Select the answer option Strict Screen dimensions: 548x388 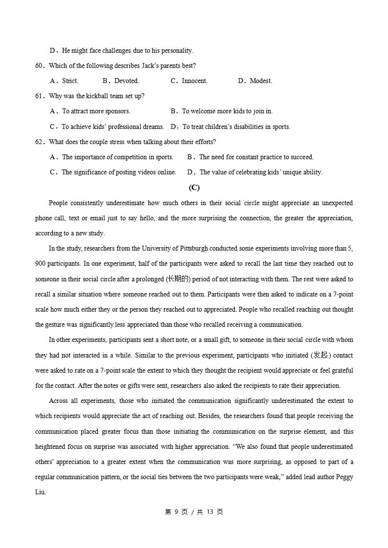[x=70, y=81]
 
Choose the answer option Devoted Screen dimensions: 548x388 [x=126, y=81]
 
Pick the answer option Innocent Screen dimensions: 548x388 [x=194, y=81]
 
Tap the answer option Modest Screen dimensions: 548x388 [x=261, y=81]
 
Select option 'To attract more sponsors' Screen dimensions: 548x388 [x=96, y=111]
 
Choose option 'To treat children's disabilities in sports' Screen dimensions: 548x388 [x=236, y=127]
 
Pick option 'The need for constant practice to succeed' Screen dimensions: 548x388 [x=256, y=157]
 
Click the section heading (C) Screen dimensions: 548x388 [x=194, y=188]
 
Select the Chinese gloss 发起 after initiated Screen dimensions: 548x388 [x=320, y=355]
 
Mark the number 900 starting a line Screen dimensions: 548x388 [x=41, y=264]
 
